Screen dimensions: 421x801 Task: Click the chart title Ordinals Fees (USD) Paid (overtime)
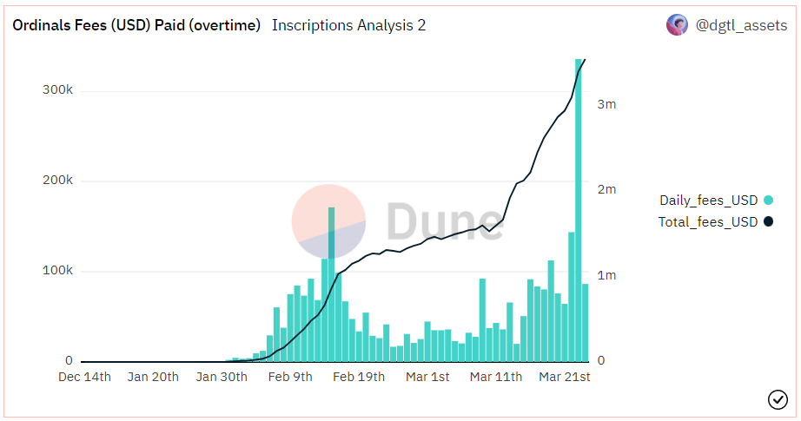136,25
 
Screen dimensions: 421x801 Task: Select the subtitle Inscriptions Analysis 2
348,25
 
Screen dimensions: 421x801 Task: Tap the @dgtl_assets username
742,25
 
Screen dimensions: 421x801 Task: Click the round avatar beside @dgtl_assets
677,25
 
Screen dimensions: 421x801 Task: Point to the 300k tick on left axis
57,90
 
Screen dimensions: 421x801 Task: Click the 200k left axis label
57,181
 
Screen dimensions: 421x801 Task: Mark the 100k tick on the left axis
57,271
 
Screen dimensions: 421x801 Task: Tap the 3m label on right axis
606,104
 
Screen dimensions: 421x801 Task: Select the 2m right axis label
606,189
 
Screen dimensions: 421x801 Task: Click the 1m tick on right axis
606,275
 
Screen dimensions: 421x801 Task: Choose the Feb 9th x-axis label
290,377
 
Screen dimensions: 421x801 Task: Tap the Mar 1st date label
427,377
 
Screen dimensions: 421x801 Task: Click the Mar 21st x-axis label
565,377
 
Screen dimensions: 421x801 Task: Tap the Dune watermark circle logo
328,221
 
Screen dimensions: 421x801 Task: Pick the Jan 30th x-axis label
222,377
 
